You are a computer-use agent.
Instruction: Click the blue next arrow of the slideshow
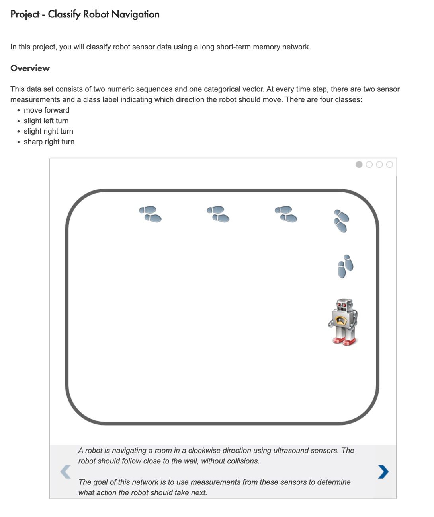pos(383,472)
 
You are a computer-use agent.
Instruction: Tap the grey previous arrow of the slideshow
pos(65,472)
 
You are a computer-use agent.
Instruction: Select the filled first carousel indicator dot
pos(359,165)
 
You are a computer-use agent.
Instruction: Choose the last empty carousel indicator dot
pos(389,165)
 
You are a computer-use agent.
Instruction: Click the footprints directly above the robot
pos(345,266)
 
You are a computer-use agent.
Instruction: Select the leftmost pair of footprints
pos(150,214)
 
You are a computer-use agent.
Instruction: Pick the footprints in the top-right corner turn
pos(341,221)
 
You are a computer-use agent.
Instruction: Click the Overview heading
pos(30,68)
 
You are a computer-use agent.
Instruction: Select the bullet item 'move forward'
pos(47,110)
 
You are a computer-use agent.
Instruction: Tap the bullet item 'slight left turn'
pos(46,121)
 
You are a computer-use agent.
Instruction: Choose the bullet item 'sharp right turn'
pos(49,142)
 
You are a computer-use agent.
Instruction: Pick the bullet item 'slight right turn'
pos(49,131)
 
